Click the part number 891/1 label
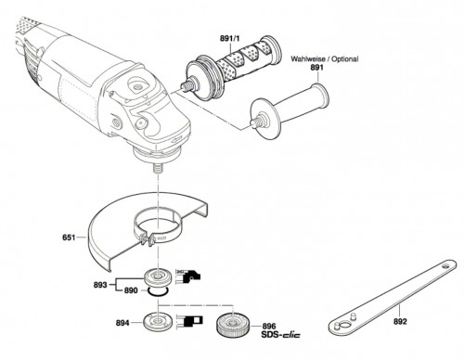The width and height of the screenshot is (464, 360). tap(230, 39)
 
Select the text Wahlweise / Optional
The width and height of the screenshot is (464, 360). tap(325, 58)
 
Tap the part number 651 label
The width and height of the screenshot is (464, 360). tap(69, 238)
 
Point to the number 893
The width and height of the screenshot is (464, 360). tap(100, 285)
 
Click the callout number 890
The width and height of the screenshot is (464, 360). tap(131, 290)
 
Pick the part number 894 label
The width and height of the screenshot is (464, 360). tap(122, 323)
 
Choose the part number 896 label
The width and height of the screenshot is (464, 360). tap(269, 326)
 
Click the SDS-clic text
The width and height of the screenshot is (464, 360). tap(280, 335)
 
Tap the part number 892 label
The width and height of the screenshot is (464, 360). tap(400, 322)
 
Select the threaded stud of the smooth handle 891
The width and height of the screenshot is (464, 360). tap(255, 122)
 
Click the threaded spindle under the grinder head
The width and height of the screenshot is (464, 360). tap(157, 169)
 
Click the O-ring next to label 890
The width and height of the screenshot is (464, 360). tap(158, 291)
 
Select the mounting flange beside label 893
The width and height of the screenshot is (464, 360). tap(158, 276)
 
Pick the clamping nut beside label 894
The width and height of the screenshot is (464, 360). tap(157, 322)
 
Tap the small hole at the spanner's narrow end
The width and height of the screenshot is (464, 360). tap(445, 265)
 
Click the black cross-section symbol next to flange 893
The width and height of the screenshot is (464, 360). tap(188, 276)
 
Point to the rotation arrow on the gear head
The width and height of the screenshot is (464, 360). tap(175, 140)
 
